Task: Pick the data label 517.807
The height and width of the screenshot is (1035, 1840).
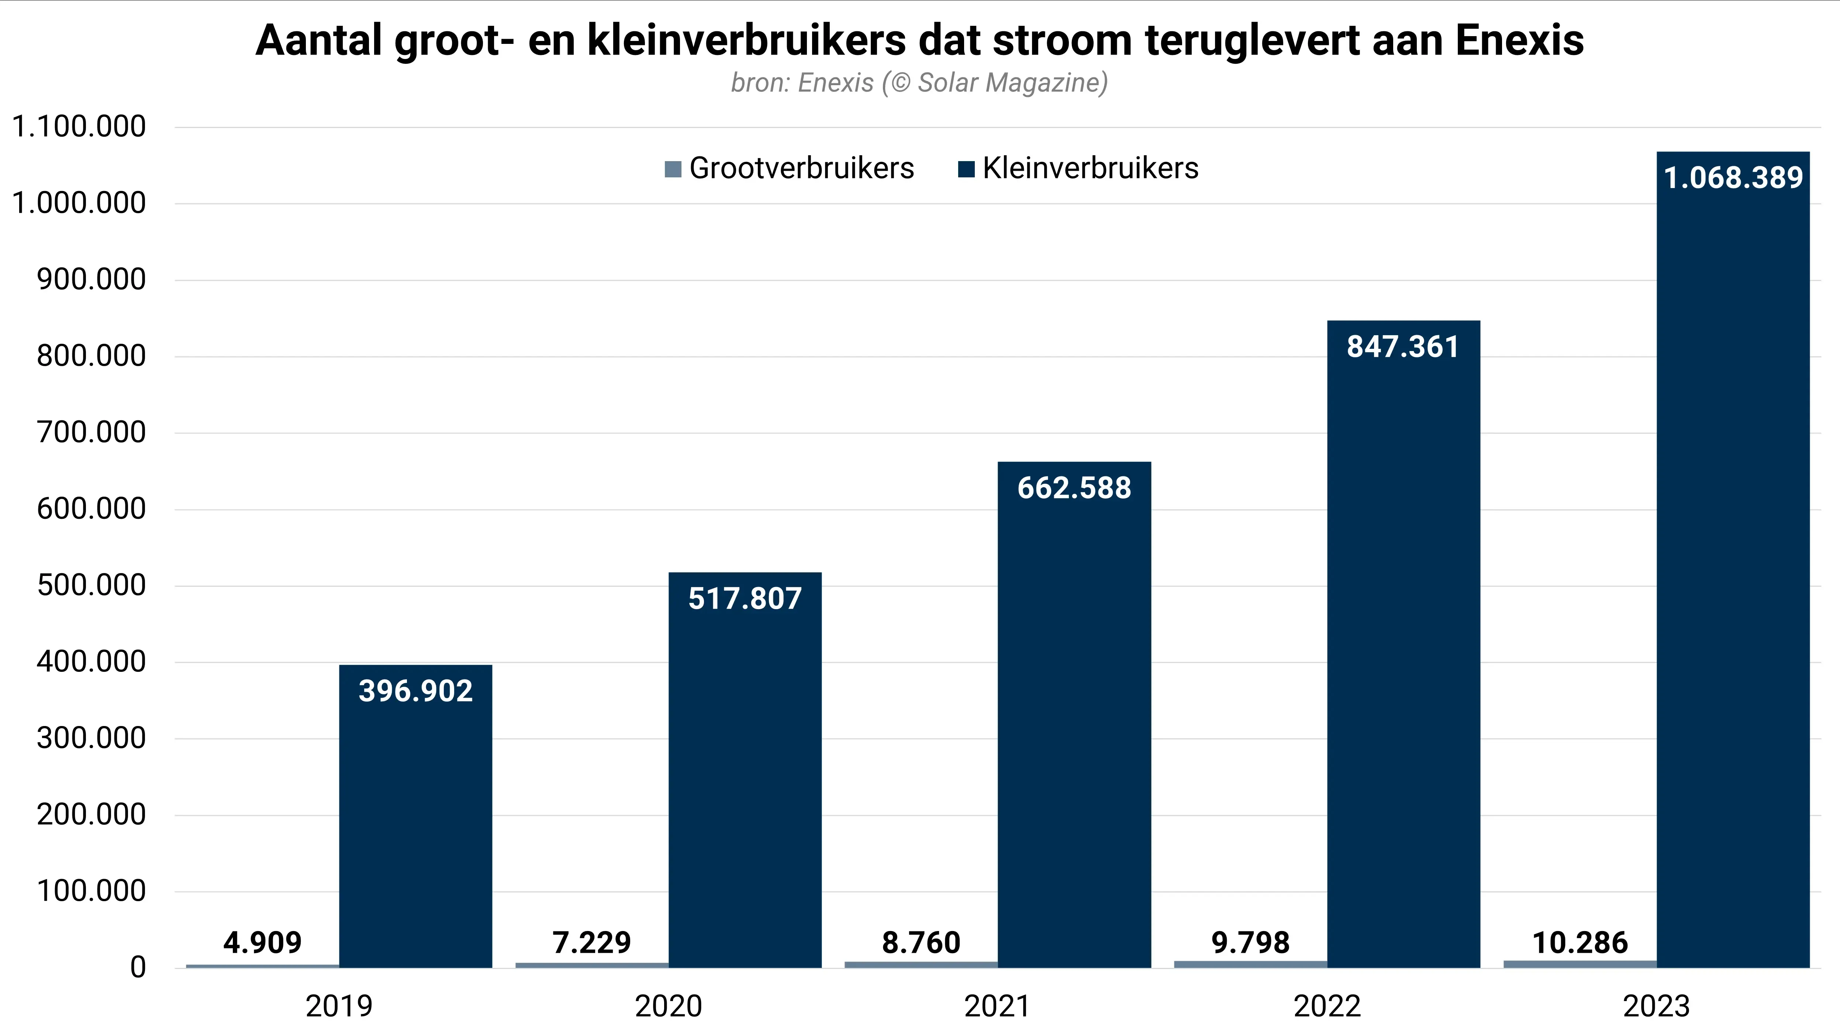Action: point(745,598)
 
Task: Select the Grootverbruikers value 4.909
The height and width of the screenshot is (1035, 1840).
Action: point(262,943)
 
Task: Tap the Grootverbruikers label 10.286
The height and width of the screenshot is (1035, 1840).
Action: point(1580,943)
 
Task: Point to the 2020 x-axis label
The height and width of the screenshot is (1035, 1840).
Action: point(669,1007)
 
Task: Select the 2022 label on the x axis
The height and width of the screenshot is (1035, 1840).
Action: point(1327,1007)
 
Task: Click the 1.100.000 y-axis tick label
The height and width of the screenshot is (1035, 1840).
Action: point(79,127)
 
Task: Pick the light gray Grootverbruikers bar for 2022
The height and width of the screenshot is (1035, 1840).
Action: point(1250,964)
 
